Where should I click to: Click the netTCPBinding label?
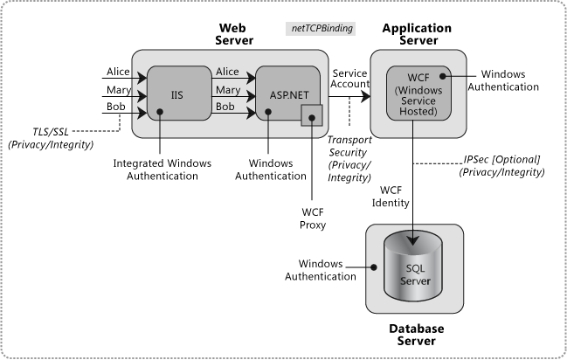[322, 29]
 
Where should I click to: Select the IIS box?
[176, 92]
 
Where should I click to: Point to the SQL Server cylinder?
[415, 271]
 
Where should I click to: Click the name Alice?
[227, 72]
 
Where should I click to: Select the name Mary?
[227, 90]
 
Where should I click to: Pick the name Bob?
[225, 107]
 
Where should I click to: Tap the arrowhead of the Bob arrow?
[251, 114]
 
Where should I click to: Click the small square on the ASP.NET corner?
[312, 115]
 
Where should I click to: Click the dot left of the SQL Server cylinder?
[373, 267]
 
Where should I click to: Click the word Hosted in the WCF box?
[418, 113]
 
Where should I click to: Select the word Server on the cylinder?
[415, 280]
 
